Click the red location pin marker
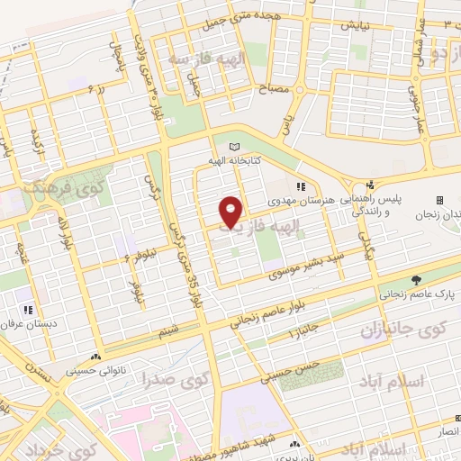pyautogui.click(x=232, y=212)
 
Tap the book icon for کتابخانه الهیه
pyautogui.click(x=236, y=146)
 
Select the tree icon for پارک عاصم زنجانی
pyautogui.click(x=416, y=280)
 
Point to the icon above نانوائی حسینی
pyautogui.click(x=96, y=356)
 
